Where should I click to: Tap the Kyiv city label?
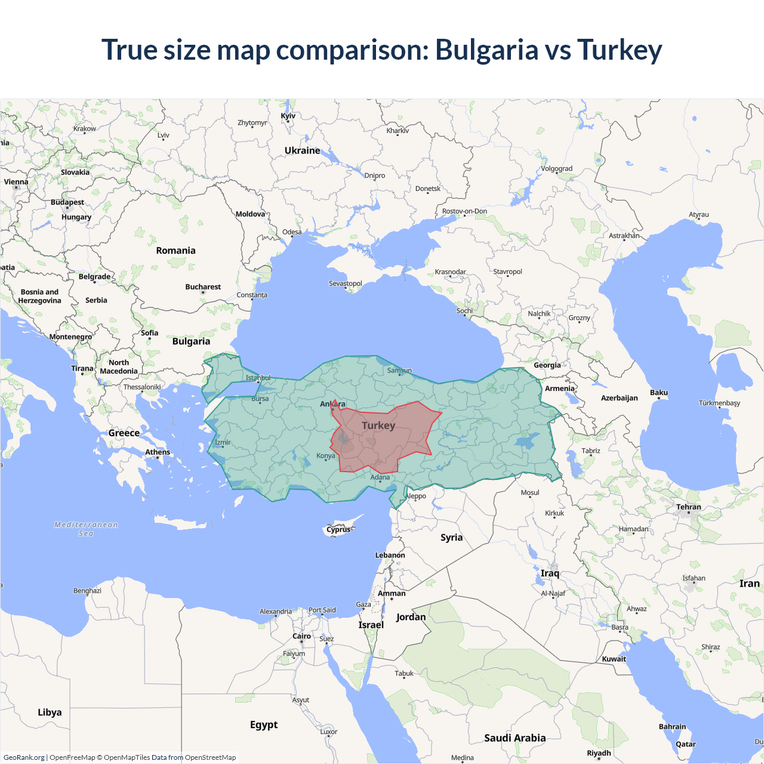pyautogui.click(x=288, y=116)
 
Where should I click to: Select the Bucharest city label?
pyautogui.click(x=203, y=287)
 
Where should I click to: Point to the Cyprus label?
pyautogui.click(x=338, y=529)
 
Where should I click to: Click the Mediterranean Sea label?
pyautogui.click(x=86, y=529)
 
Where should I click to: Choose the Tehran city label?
pyautogui.click(x=688, y=507)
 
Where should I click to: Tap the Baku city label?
pyautogui.click(x=659, y=392)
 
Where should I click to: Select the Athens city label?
pyautogui.click(x=158, y=452)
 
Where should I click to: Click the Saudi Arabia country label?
pyautogui.click(x=515, y=738)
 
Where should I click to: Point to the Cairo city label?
pyautogui.click(x=301, y=636)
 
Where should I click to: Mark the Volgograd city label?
pyautogui.click(x=556, y=168)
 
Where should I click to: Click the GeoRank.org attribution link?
pyautogui.click(x=24, y=757)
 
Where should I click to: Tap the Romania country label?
pyautogui.click(x=175, y=251)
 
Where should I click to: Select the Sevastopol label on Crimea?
pyautogui.click(x=345, y=283)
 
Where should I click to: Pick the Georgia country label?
pyautogui.click(x=547, y=365)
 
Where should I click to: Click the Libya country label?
pyautogui.click(x=50, y=712)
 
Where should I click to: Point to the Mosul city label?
pyautogui.click(x=529, y=492)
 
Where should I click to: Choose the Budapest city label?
pyautogui.click(x=67, y=202)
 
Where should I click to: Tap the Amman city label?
pyautogui.click(x=392, y=593)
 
